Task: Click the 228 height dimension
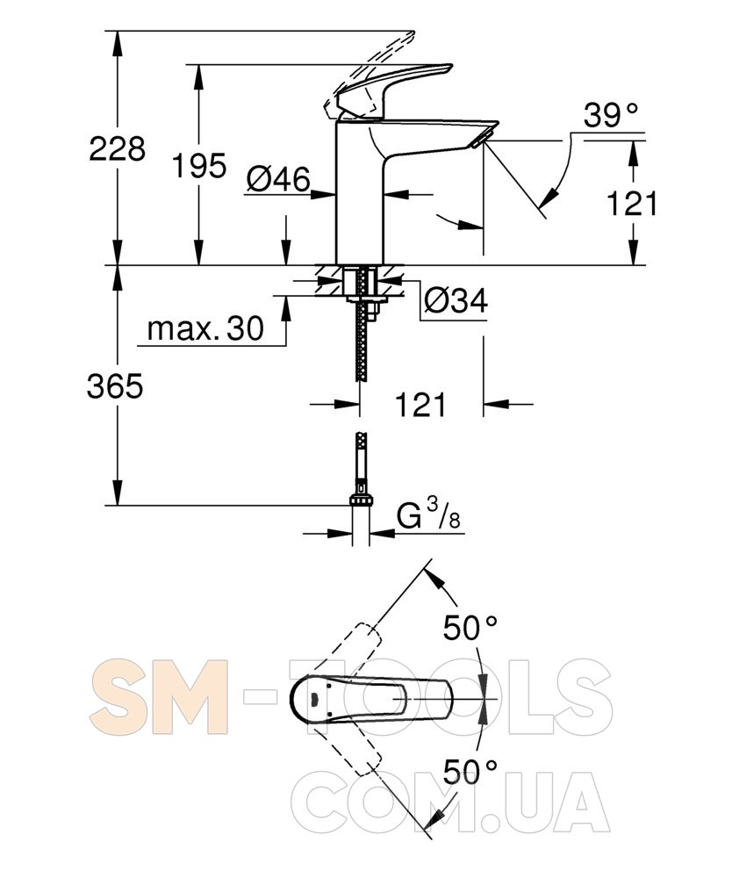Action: tap(117, 149)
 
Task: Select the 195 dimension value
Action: tap(199, 165)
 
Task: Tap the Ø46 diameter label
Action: tap(278, 179)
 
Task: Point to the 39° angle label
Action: tap(611, 116)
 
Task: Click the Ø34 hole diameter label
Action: tap(456, 300)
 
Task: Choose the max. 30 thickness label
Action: tap(205, 328)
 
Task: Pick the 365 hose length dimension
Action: tap(115, 385)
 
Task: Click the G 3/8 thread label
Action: tap(428, 515)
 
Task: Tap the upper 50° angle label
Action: tap(470, 627)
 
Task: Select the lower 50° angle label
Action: tap(470, 772)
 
